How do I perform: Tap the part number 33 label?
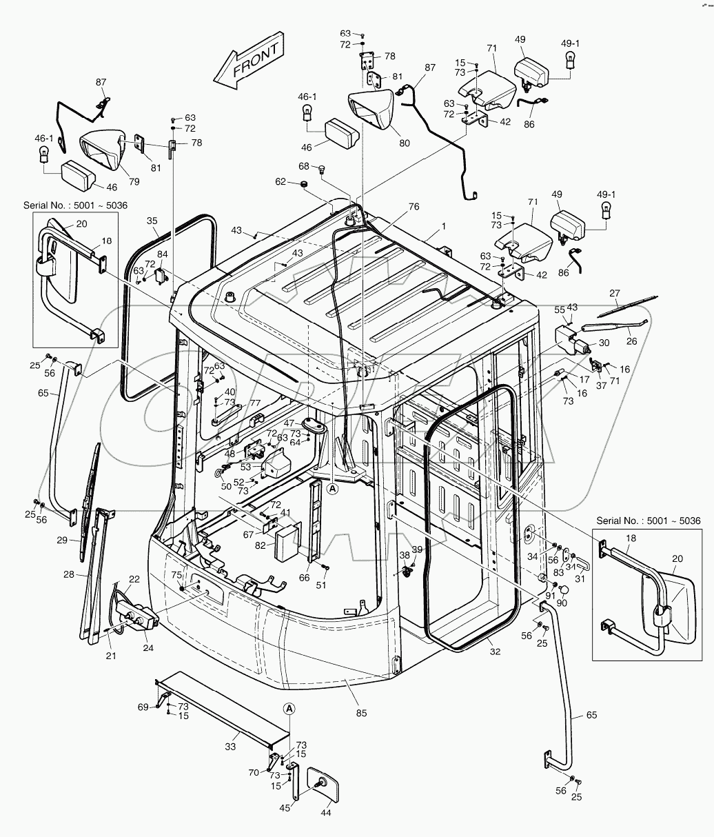[231, 746]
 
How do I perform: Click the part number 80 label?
[404, 143]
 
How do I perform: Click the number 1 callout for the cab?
[444, 226]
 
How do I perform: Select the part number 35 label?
[152, 221]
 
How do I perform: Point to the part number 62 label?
[280, 182]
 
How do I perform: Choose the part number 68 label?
[304, 166]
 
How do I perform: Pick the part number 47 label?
[290, 423]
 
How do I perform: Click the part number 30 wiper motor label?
[604, 343]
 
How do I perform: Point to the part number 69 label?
[143, 707]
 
